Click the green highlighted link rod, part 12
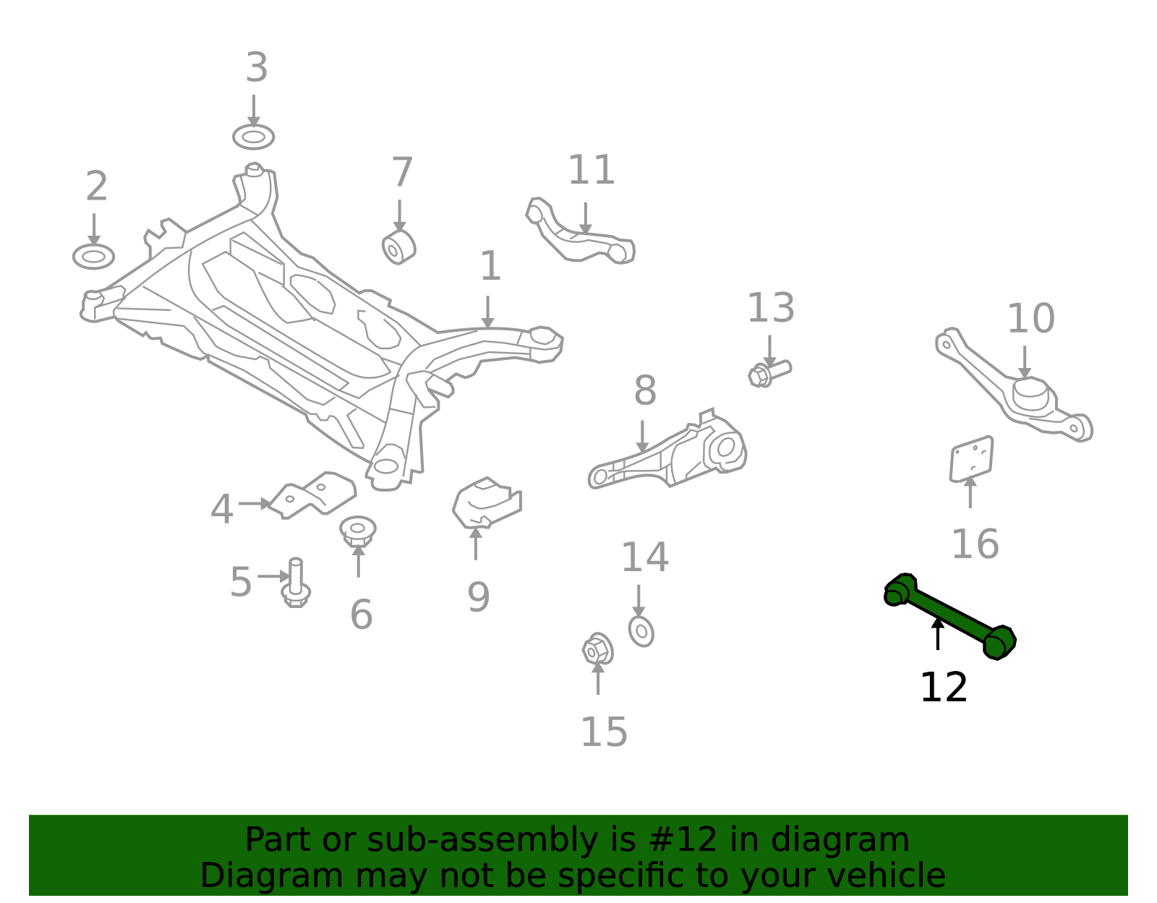pyautogui.click(x=949, y=616)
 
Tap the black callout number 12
pyautogui.click(x=944, y=688)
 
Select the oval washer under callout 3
pyautogui.click(x=253, y=137)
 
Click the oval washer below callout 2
pyautogui.click(x=94, y=257)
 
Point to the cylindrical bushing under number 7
pyautogui.click(x=398, y=247)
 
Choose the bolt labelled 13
pyautogui.click(x=769, y=374)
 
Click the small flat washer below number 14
pyautogui.click(x=641, y=632)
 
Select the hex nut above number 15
pyautogui.click(x=597, y=649)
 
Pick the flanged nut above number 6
pyautogui.click(x=358, y=531)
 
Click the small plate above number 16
pyautogui.click(x=971, y=459)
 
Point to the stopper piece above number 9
pyautogui.click(x=487, y=503)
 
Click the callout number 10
pyautogui.click(x=1030, y=319)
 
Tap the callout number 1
pyautogui.click(x=490, y=266)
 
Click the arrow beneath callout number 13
pyautogui.click(x=769, y=351)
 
